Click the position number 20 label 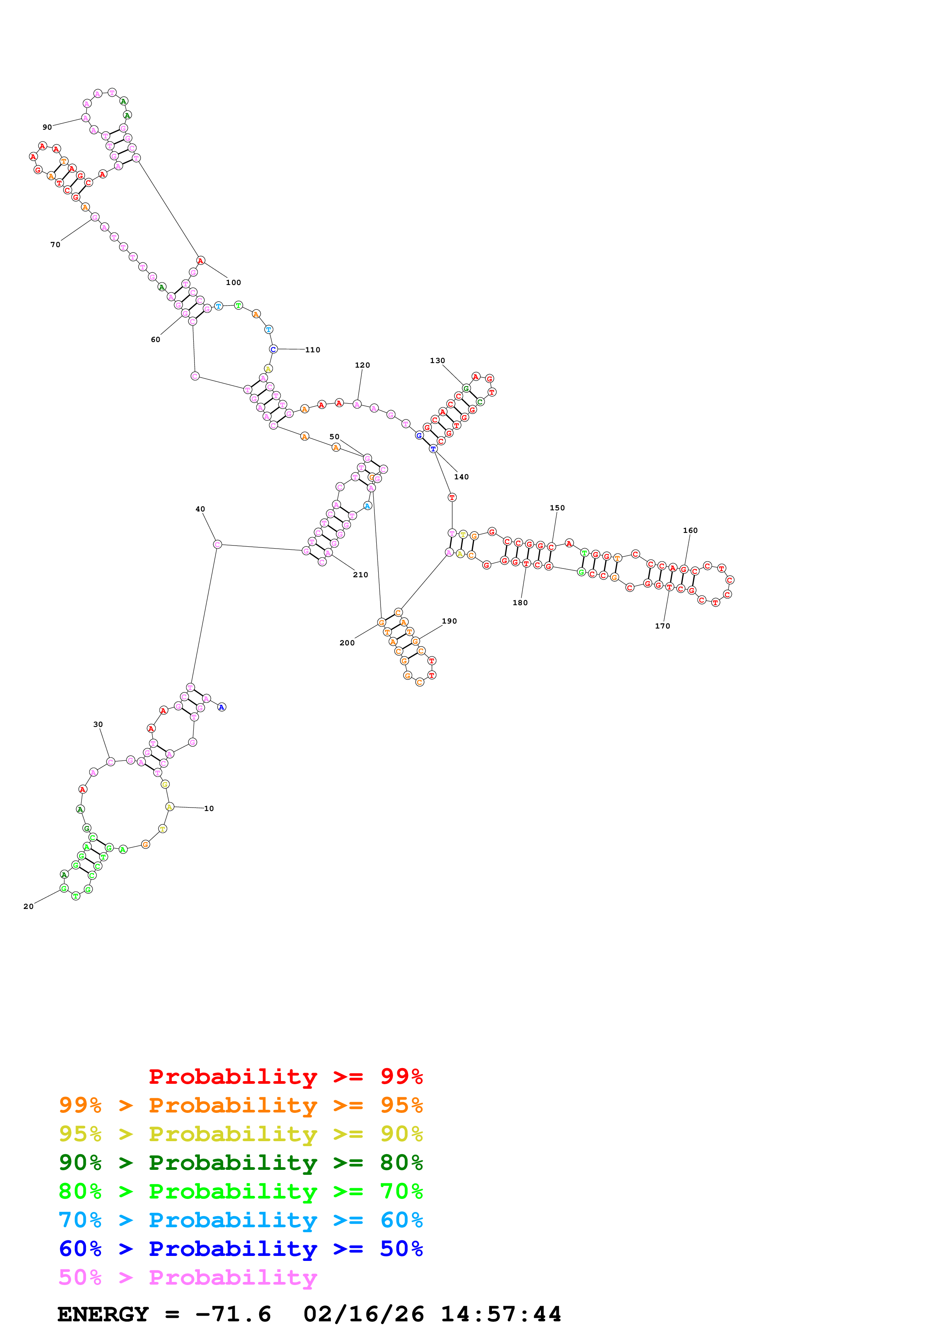click(28, 907)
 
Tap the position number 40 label click(200, 509)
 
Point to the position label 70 click(55, 245)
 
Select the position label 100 click(233, 282)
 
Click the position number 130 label click(438, 361)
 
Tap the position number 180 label click(520, 603)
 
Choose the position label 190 click(449, 621)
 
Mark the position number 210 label click(360, 575)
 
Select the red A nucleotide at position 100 click(201, 261)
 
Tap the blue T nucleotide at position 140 click(433, 449)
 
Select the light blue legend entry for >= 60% click(240, 1220)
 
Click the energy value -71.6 click(233, 1314)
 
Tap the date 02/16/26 click(363, 1314)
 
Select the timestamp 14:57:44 click(500, 1314)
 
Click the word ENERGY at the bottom click(103, 1314)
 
